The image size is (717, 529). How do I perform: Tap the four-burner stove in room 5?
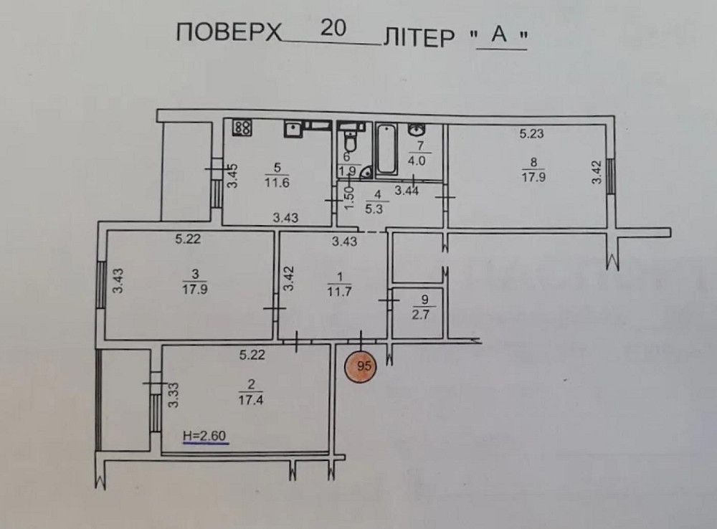pos(242,128)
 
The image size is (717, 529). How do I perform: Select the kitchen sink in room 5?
pos(293,129)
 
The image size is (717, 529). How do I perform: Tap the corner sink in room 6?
pos(365,171)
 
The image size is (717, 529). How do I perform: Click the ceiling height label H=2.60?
pos(206,435)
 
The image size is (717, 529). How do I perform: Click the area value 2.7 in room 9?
pos(419,313)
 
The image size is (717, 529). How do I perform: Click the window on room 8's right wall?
pos(610,176)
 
